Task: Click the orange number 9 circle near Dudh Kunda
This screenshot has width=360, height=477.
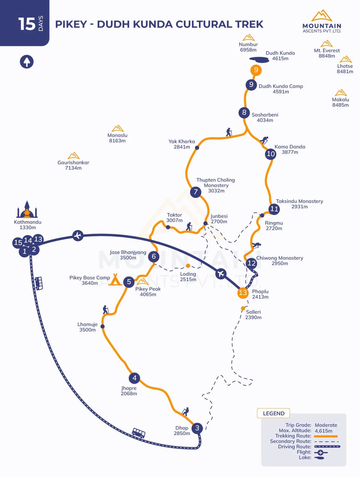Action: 256,70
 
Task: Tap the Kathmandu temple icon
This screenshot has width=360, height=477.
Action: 27,210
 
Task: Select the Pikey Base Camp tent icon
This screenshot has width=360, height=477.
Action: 115,279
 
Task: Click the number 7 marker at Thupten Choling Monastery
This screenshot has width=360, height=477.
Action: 196,192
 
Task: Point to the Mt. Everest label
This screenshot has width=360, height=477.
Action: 327,53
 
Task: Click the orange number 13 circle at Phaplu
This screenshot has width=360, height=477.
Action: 243,293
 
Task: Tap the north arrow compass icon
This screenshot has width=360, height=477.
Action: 27,62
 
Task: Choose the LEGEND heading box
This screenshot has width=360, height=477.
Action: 273,413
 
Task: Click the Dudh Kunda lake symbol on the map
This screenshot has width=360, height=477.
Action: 259,60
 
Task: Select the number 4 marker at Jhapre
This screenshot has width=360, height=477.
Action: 134,378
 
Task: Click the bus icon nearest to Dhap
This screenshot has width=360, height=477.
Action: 139,433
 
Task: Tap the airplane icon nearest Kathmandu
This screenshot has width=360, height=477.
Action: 78,235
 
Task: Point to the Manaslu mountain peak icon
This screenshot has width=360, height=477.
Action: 118,129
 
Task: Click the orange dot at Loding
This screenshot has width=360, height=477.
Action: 188,266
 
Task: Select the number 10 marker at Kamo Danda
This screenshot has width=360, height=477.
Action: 271,154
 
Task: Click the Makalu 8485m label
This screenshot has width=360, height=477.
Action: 340,102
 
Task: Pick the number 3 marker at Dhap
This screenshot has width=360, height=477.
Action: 197,428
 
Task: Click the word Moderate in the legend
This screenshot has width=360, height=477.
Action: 326,425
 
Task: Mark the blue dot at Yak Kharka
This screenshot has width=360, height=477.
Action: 197,148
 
